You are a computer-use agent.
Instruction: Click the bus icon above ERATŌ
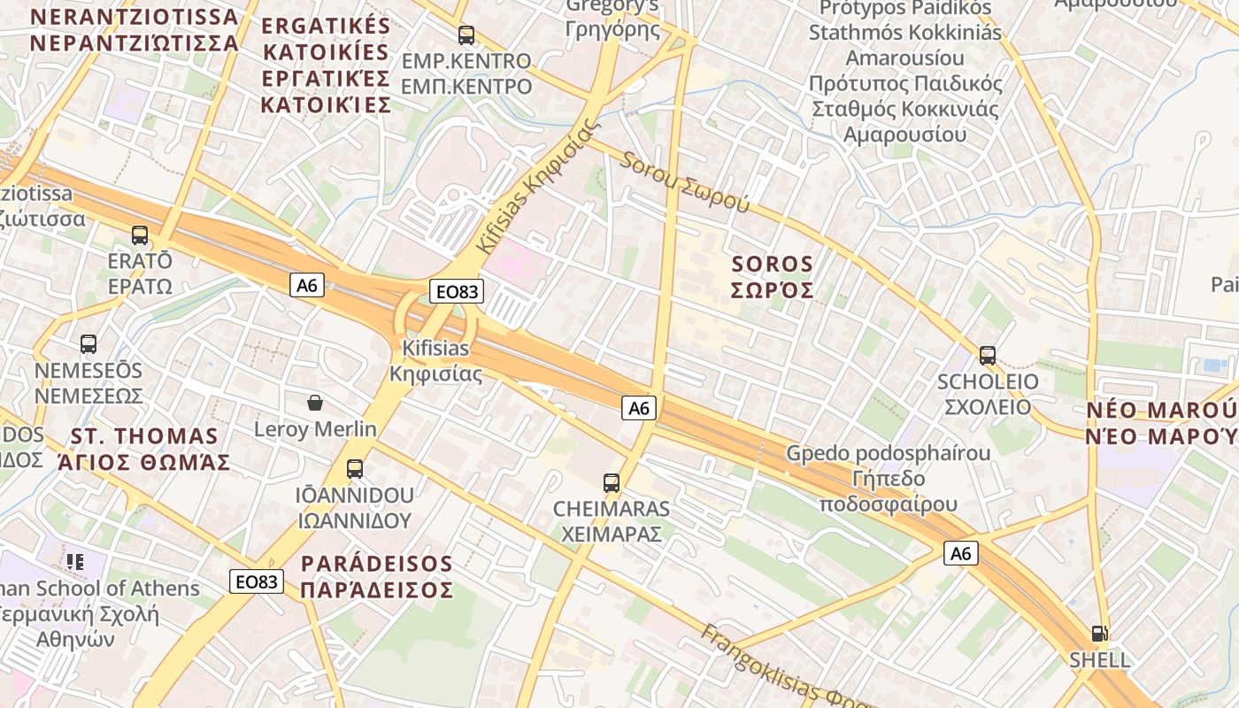[140, 235]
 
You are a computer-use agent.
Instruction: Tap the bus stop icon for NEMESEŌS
[88, 344]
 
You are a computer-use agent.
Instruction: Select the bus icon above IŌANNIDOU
[355, 469]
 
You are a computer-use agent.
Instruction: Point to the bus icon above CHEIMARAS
[612, 483]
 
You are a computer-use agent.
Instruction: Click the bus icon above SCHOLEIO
[988, 356]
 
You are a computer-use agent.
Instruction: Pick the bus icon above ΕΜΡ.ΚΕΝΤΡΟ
[466, 35]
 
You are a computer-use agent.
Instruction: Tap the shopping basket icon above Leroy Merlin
[315, 404]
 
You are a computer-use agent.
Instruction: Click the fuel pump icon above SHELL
[1099, 634]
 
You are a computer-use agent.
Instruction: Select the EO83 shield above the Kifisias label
[457, 291]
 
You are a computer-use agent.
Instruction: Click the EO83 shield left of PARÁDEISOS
[257, 581]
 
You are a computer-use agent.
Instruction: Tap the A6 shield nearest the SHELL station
[961, 554]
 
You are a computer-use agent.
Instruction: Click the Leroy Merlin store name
[315, 430]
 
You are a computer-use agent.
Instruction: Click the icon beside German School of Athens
[75, 561]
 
